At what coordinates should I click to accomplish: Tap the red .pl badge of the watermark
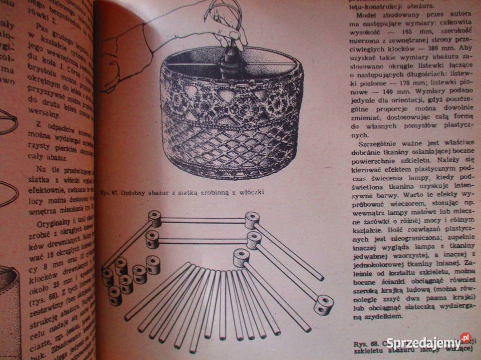(x=465, y=337)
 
